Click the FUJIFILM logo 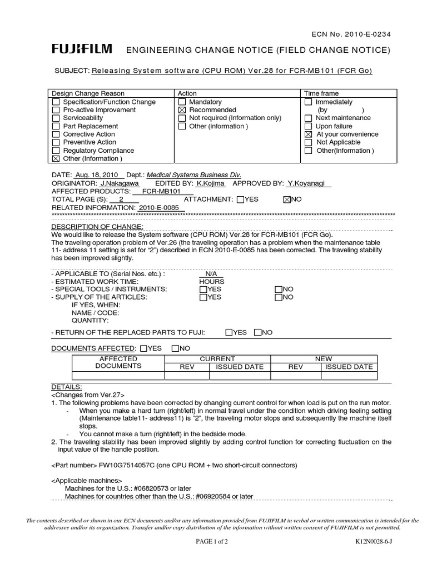(x=82, y=50)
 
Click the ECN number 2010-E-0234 (x=367, y=33)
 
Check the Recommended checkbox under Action (x=182, y=110)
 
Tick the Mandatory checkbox (x=182, y=102)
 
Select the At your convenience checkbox (x=309, y=134)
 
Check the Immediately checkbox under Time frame (x=309, y=102)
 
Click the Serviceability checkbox (x=56, y=118)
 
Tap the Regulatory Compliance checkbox (x=56, y=151)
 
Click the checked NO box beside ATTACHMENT (x=287, y=199)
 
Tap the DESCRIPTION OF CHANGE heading (x=97, y=227)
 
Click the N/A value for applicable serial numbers (x=211, y=274)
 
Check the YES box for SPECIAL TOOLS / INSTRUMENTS (x=203, y=290)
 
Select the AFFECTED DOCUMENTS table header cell (x=118, y=363)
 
